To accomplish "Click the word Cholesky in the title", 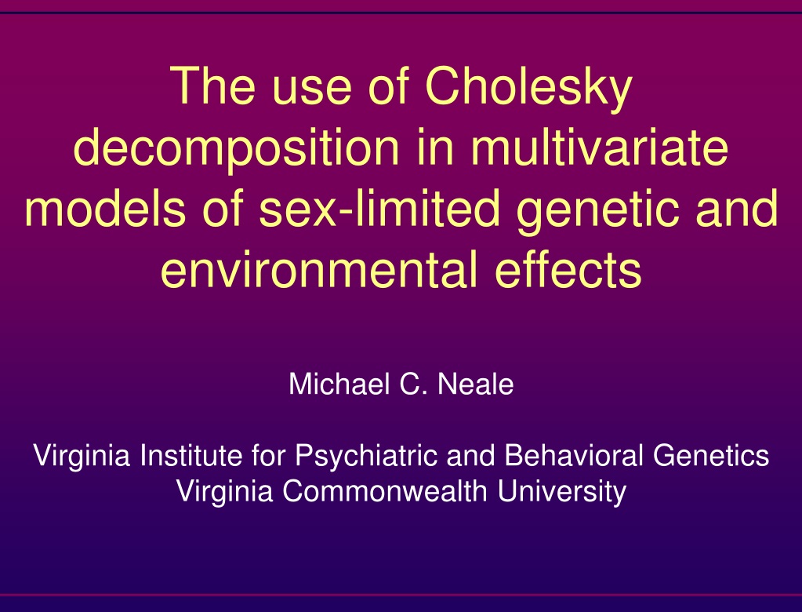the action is [529, 88].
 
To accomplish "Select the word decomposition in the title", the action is [236, 149].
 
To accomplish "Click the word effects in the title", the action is [568, 268].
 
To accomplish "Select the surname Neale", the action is [476, 384].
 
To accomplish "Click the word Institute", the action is [191, 455].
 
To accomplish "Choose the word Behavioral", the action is [574, 455].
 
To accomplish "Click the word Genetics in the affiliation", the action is [711, 455].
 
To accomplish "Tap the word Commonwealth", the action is [385, 490].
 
